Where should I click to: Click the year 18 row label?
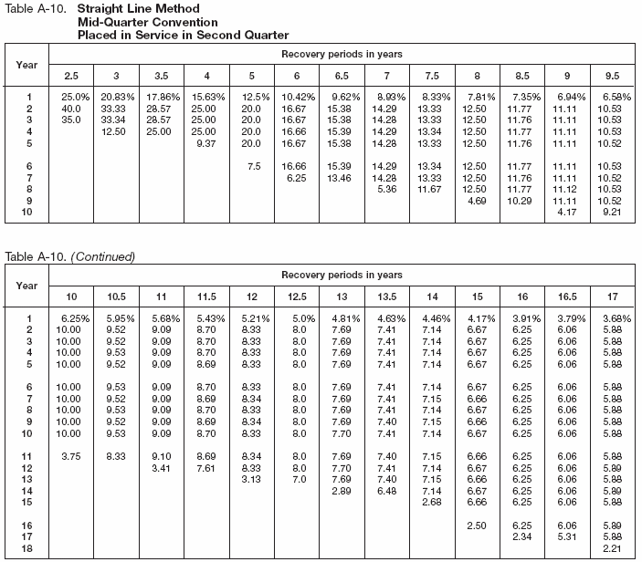click(27, 547)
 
